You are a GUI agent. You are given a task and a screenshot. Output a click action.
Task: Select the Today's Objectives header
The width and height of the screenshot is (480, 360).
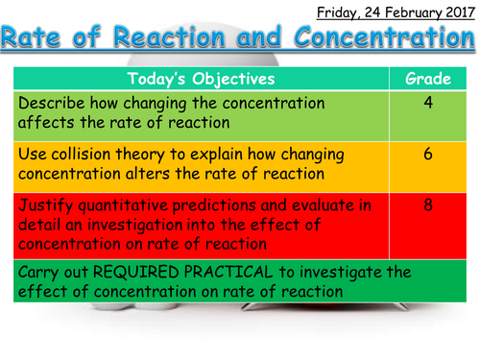pos(201,79)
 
